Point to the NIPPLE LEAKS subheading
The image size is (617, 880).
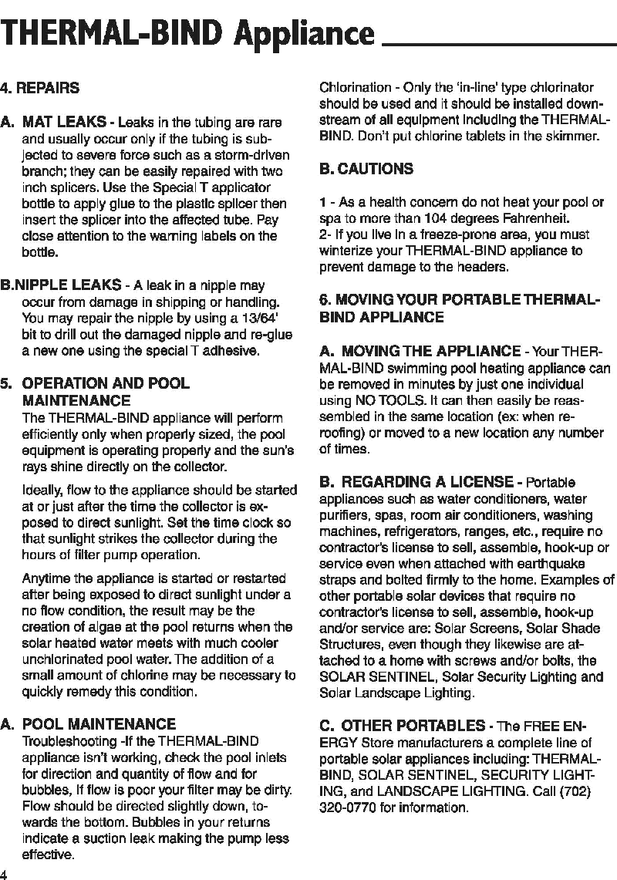coord(72,285)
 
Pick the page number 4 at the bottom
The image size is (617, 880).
coord(4,874)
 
